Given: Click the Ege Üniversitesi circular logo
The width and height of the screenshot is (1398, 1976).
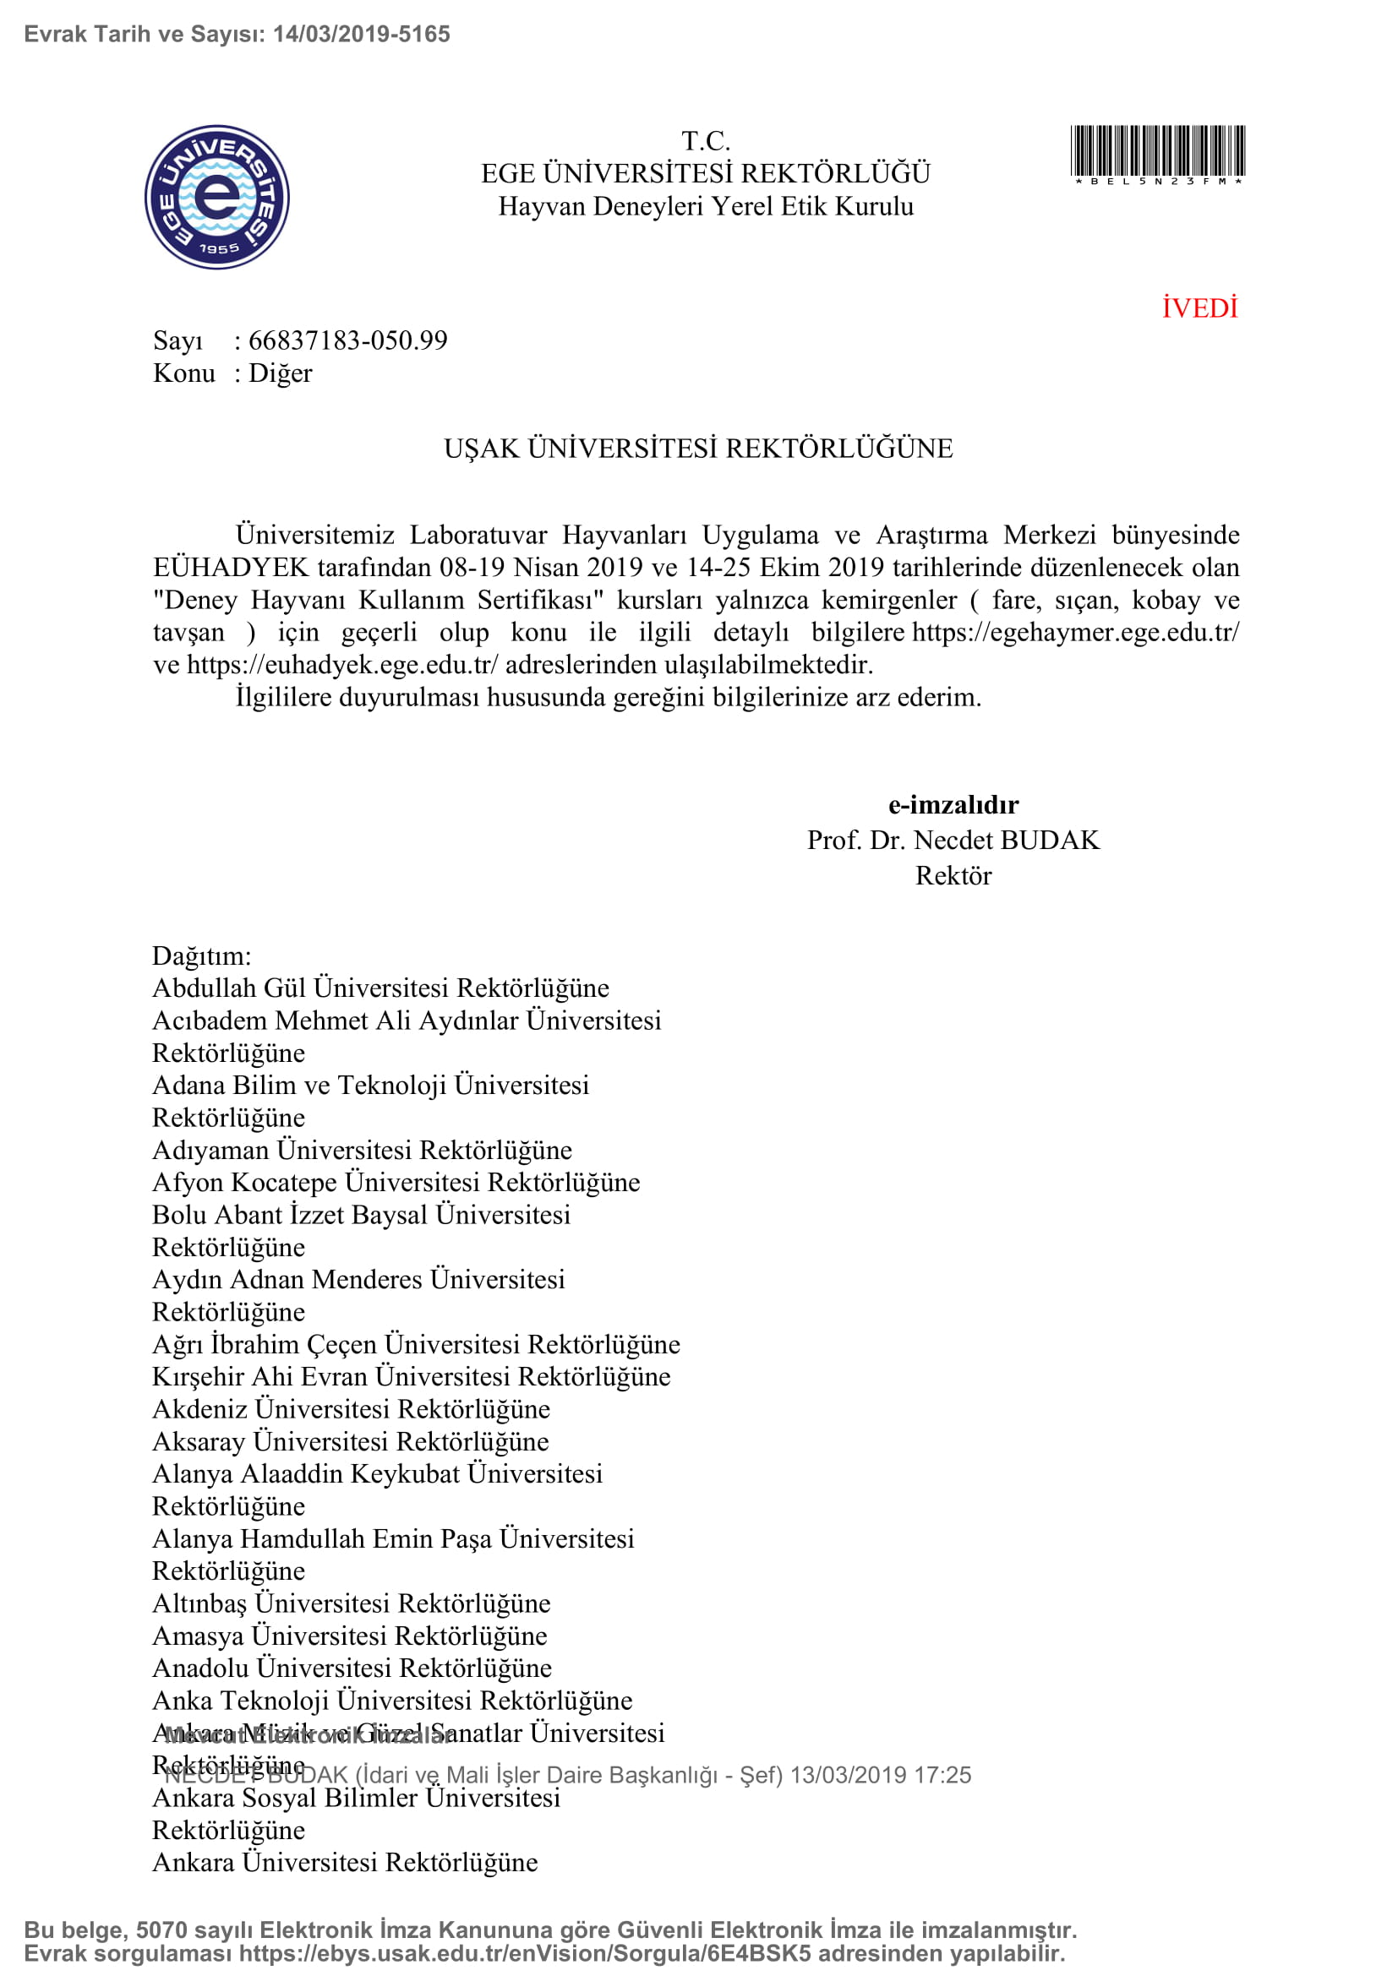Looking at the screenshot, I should point(217,197).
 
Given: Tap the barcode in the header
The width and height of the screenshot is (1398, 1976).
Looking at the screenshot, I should point(1157,152).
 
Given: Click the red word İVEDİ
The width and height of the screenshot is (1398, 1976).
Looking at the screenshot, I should point(1199,308).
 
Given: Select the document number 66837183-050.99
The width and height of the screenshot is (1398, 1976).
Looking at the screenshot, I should point(347,340).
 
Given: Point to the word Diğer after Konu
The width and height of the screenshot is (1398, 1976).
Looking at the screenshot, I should point(280,373).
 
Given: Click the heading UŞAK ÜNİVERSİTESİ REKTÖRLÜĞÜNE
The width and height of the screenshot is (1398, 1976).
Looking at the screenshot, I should point(698,449).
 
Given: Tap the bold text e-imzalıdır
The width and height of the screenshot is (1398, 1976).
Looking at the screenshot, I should point(953,805).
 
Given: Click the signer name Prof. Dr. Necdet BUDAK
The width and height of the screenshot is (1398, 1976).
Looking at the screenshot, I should point(953,840).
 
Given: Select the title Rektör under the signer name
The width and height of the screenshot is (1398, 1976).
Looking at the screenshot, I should point(953,875).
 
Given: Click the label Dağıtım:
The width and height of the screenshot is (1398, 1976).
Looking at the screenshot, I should point(201,955).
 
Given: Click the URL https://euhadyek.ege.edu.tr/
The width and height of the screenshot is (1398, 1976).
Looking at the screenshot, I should point(341,664).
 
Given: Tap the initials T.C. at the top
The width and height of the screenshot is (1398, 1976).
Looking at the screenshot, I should point(706,140).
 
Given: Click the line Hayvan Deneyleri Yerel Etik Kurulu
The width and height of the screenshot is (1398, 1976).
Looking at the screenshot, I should point(706,206).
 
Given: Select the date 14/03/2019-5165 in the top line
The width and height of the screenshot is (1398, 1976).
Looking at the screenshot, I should point(362,35).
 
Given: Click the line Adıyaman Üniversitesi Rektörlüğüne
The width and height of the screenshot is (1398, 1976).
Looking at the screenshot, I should point(362,1150).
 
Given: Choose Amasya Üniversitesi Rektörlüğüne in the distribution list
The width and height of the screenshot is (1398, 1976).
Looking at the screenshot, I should point(350,1636).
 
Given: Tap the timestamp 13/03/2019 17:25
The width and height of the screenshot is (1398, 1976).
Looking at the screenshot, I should point(880,1775).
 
